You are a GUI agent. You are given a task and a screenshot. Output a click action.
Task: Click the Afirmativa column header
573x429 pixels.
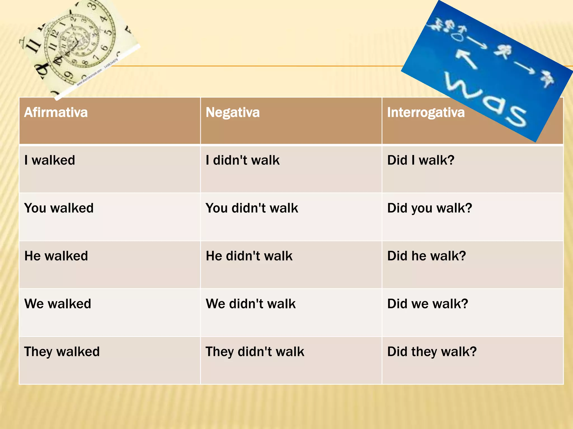(56, 113)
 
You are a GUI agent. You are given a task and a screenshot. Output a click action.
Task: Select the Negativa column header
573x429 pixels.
(233, 113)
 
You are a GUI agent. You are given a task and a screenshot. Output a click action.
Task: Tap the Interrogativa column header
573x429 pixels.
(426, 113)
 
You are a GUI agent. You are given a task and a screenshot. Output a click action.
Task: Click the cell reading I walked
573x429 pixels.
(50, 160)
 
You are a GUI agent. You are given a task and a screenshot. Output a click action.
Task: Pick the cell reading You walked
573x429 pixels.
(59, 208)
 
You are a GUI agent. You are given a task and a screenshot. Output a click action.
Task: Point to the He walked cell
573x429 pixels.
(56, 256)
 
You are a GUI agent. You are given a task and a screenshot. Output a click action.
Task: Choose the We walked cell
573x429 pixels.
(58, 304)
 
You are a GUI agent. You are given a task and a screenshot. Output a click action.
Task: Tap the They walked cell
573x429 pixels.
(62, 352)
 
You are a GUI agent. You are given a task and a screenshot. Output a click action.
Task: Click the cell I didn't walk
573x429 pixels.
(243, 160)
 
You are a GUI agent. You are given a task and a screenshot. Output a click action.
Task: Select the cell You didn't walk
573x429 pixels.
(252, 208)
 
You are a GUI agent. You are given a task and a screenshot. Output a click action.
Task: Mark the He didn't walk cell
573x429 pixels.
(249, 256)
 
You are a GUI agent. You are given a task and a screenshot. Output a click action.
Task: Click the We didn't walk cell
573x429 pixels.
(251, 304)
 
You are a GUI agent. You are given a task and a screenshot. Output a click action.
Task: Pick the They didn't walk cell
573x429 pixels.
(255, 352)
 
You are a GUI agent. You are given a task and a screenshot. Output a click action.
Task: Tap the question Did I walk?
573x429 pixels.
(421, 160)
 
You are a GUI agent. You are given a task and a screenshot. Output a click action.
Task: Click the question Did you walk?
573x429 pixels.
(430, 208)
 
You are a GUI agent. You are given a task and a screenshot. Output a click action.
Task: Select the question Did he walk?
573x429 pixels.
(427, 256)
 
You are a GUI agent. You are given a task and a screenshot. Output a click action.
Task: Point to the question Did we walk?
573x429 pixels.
(428, 304)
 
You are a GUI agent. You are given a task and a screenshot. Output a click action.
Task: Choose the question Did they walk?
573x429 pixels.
(432, 352)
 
